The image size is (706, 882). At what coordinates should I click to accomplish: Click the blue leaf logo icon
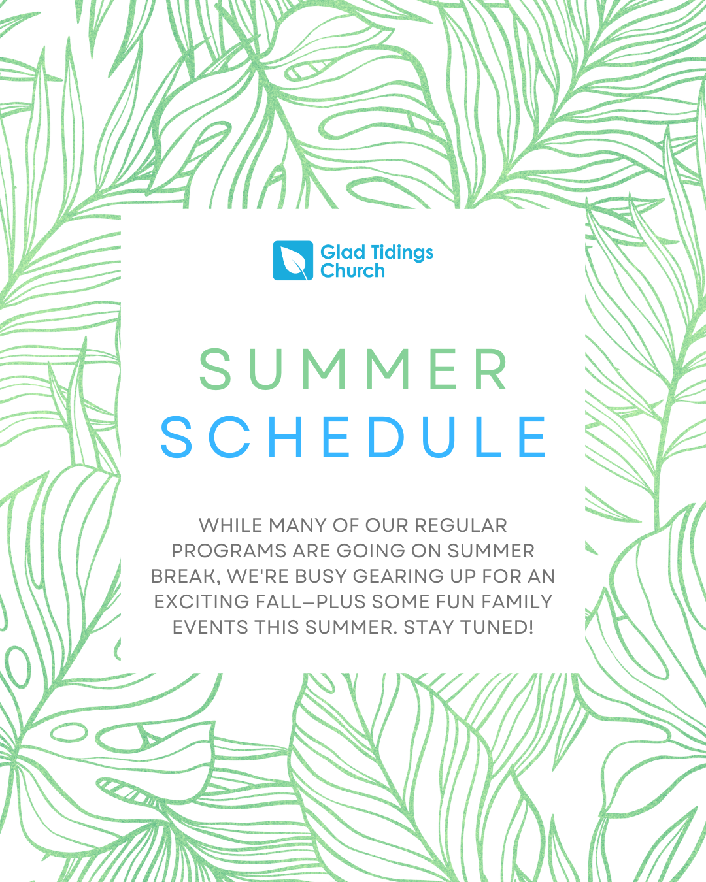[293, 260]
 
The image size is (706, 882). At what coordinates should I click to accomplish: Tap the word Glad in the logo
[337, 252]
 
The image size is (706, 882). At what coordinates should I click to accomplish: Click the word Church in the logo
[352, 270]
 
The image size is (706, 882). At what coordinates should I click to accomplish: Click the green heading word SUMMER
[354, 369]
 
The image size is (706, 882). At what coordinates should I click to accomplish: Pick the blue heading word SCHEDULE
[353, 437]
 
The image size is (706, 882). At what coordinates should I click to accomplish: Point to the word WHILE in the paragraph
[230, 525]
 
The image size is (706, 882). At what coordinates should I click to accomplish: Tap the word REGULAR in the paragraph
[461, 525]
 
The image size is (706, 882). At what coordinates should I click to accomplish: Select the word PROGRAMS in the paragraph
[229, 551]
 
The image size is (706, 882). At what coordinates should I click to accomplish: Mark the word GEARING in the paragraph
[398, 576]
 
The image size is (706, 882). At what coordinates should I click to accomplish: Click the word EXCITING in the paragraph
[202, 602]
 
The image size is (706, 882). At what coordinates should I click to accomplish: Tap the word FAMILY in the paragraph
[517, 602]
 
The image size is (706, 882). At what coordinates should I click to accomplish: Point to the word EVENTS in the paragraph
[210, 627]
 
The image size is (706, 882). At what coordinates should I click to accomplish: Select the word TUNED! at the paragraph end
[497, 627]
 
